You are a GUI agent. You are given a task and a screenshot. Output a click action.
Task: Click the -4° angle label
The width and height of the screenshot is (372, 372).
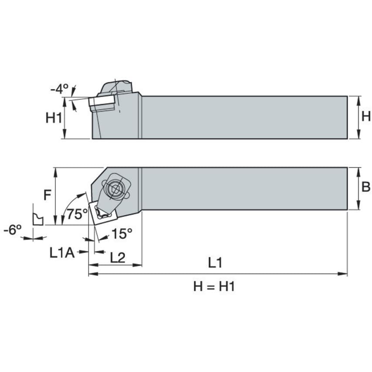(59, 89)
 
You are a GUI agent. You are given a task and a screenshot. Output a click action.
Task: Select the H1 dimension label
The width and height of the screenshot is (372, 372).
(54, 118)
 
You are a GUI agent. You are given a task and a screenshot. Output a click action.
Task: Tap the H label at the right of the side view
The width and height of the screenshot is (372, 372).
(366, 116)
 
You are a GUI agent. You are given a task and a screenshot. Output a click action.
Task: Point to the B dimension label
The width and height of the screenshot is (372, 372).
(365, 187)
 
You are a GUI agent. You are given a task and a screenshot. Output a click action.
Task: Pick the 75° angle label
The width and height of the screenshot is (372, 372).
(77, 214)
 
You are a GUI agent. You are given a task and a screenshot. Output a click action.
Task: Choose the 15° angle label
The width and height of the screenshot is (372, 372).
(122, 233)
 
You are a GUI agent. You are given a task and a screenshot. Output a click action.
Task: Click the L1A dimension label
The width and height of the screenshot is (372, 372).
(62, 253)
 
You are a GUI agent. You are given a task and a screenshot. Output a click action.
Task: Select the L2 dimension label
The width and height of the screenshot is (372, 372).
(118, 257)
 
